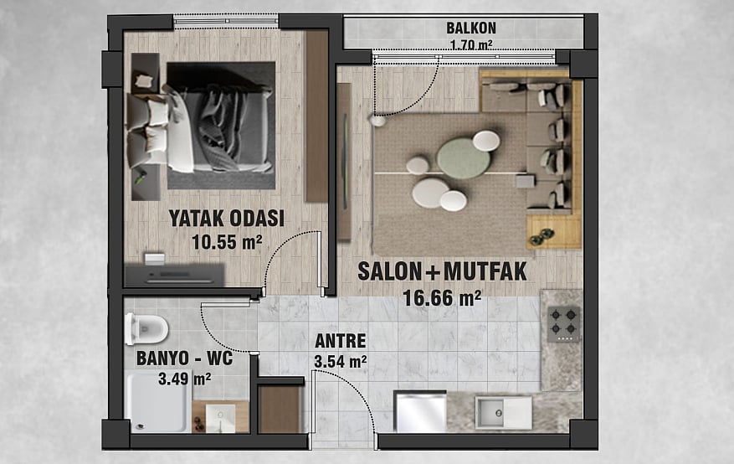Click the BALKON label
click(x=471, y=28)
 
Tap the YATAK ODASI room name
click(x=227, y=219)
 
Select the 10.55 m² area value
click(x=227, y=242)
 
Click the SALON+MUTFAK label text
click(x=443, y=271)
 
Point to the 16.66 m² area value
click(x=443, y=298)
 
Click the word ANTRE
click(x=341, y=341)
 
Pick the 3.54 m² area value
click(x=341, y=362)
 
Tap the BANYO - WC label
click(x=184, y=358)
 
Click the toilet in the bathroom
click(x=146, y=329)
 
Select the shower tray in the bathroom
click(x=158, y=402)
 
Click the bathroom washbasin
click(x=220, y=418)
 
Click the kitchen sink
click(x=504, y=413)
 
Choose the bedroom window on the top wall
click(x=226, y=22)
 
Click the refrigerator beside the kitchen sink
click(x=420, y=411)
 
